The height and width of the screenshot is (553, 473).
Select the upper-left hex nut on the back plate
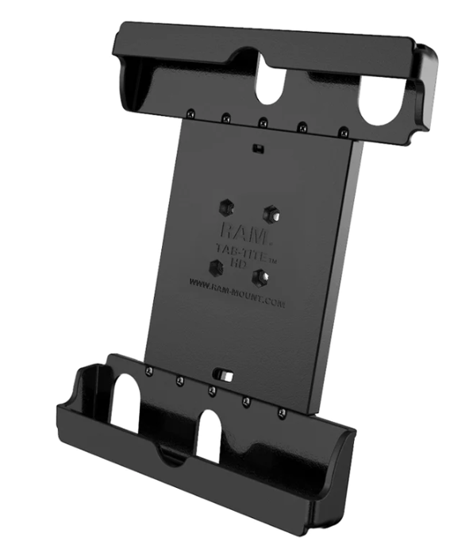(x=225, y=206)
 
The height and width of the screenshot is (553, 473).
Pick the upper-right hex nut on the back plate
(x=271, y=212)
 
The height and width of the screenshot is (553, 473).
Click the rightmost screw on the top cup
(x=343, y=132)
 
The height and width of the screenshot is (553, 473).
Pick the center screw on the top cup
(x=263, y=122)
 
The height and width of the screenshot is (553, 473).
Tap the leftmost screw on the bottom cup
(x=148, y=369)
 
